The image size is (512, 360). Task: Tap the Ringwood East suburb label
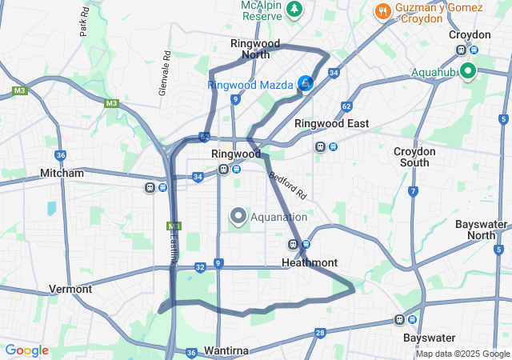pos(331,123)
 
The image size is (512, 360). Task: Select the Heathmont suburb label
pos(310,262)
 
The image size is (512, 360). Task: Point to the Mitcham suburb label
pos(62,173)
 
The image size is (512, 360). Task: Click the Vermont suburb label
pos(70,289)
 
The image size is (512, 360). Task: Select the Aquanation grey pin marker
pos(238,216)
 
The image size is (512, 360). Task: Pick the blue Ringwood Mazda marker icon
pos(305,83)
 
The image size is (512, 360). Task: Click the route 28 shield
pos(320,333)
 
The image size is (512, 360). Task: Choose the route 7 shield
pos(413,191)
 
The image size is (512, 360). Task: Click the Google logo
pos(26,350)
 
